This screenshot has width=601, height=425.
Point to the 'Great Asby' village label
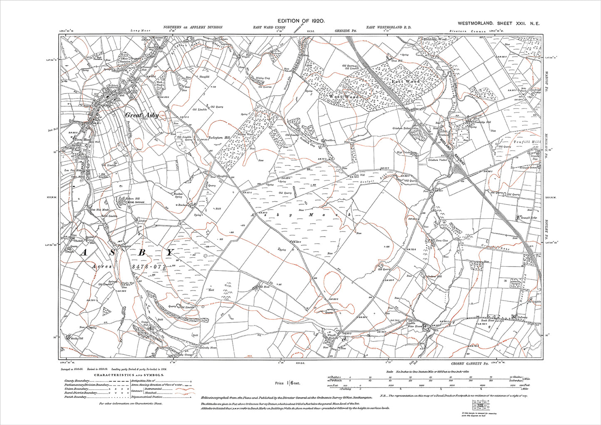[x=142, y=116]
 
